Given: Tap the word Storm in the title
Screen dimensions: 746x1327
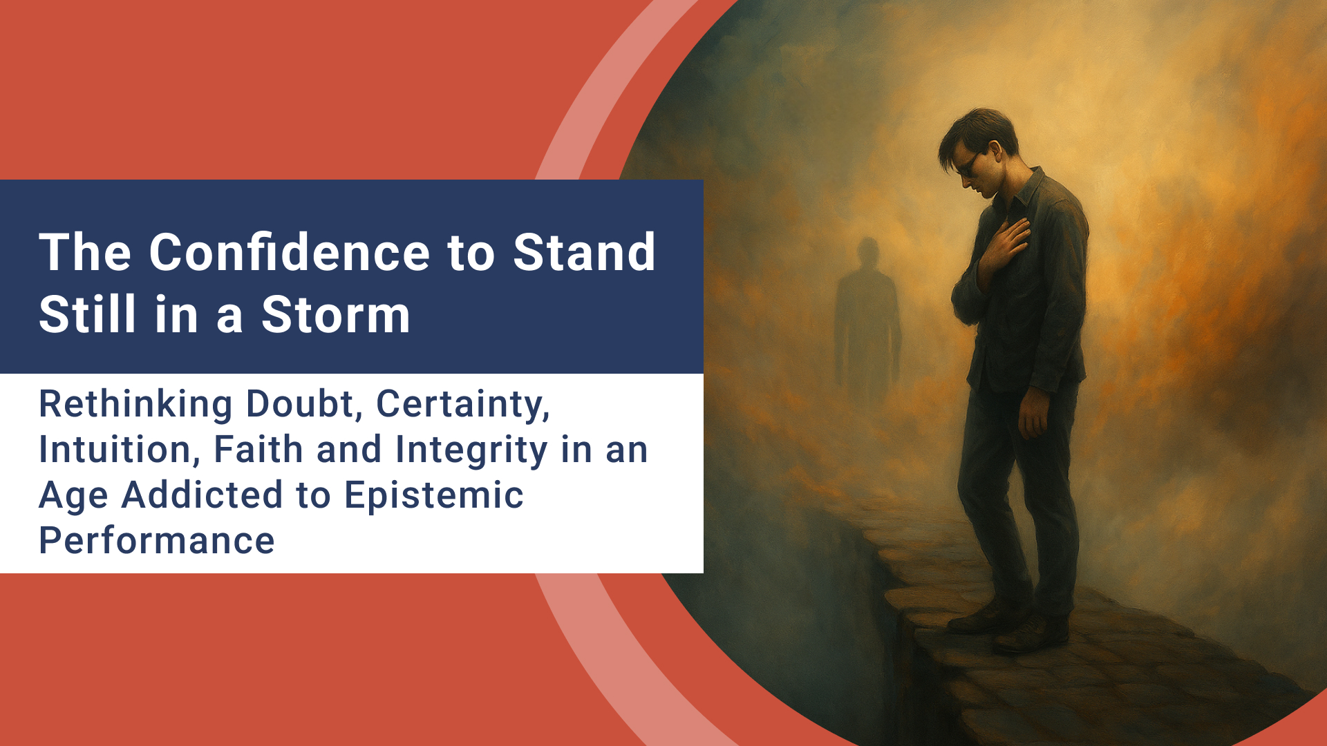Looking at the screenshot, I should click(335, 315).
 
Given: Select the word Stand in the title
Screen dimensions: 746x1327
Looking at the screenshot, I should click(584, 252).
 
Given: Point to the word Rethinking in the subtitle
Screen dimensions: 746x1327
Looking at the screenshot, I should click(135, 405).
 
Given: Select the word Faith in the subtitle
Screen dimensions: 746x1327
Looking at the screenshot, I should click(258, 450).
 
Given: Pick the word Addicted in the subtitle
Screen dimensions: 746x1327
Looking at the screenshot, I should click(202, 495).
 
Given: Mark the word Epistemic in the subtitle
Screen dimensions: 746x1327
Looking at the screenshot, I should click(434, 497).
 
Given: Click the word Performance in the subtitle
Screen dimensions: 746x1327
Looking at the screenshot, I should click(157, 541).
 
